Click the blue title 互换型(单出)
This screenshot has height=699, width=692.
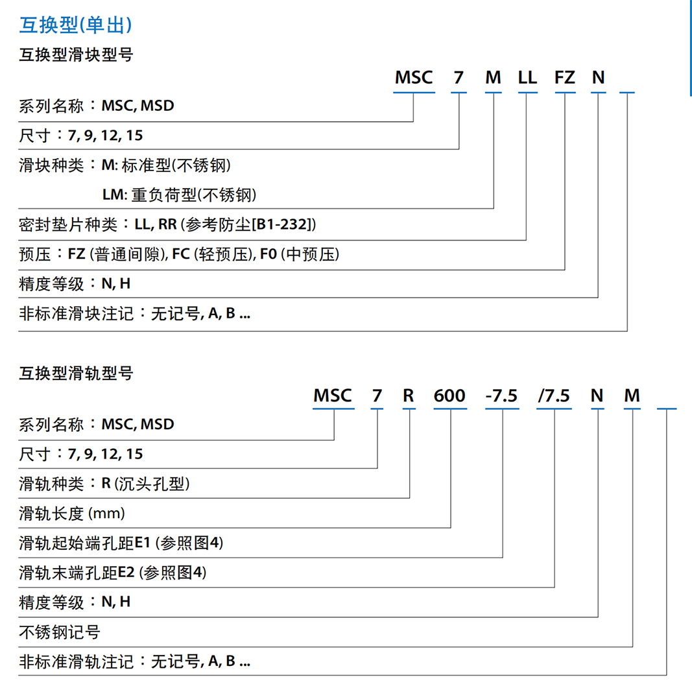point(75,25)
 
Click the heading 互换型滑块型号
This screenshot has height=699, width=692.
point(76,55)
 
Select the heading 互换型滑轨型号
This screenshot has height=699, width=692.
point(76,373)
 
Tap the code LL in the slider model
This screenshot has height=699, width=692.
point(527,78)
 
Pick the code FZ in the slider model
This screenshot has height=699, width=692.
point(565,78)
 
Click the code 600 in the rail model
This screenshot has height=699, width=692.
point(449,396)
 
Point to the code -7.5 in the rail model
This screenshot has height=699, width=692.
point(501,396)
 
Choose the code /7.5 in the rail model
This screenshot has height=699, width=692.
point(554,396)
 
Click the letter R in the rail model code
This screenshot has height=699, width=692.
point(409,396)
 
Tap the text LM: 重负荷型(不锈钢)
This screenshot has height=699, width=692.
point(179,195)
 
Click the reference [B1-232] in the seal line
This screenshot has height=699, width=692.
point(283,224)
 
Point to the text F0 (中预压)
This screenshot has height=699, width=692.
point(300,254)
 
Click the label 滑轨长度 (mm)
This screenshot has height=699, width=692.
point(72,514)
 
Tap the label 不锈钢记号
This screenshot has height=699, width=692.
point(60,632)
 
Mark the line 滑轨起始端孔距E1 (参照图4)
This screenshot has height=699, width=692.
point(121,543)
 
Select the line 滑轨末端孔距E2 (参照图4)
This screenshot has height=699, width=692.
point(113,573)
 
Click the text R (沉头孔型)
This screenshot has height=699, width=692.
point(146,484)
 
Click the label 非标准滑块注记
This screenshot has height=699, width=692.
point(77,313)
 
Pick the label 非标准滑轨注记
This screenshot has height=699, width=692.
point(77,661)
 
